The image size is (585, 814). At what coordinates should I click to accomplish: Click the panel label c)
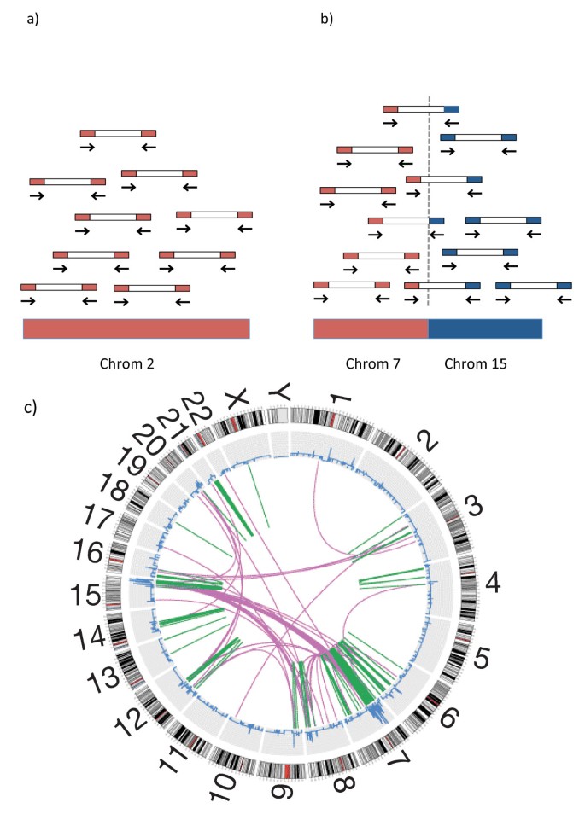tap(33, 407)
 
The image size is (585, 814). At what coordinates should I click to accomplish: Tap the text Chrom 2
tap(136, 364)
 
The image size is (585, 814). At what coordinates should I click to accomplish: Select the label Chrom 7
tap(374, 364)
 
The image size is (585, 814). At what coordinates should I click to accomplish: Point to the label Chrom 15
tap(476, 364)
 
